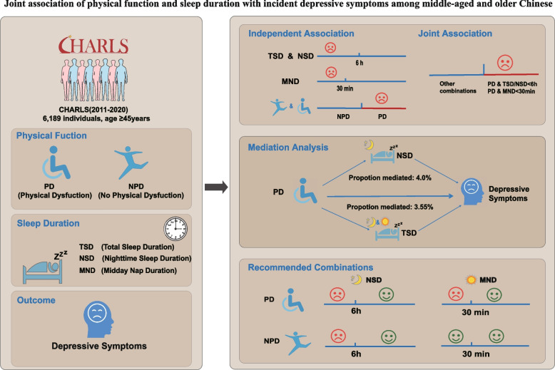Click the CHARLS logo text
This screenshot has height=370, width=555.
[93, 45]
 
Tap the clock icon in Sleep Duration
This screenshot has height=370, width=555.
[175, 229]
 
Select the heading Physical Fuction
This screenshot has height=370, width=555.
[51, 135]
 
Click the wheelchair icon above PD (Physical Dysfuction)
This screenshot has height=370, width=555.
[56, 163]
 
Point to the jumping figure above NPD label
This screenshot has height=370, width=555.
[131, 163]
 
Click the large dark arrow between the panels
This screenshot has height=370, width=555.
[216, 187]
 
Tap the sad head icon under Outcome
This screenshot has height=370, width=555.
[98, 319]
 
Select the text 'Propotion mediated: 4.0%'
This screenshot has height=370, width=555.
[390, 178]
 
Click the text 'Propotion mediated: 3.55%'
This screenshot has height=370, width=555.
[389, 207]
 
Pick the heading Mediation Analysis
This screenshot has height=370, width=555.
[288, 148]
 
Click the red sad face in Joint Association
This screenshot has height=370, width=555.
[505, 62]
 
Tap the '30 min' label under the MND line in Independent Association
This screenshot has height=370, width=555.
[345, 88]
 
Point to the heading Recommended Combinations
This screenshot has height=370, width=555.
[310, 267]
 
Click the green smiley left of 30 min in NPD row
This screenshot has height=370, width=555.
[456, 336]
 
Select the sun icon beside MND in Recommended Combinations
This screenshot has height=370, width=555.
[471, 279]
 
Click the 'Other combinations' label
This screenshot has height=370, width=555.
[458, 88]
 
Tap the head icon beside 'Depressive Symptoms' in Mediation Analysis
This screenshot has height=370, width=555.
[472, 192]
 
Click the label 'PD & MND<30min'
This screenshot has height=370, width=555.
[511, 91]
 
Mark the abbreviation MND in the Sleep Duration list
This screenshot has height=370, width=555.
[87, 271]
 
